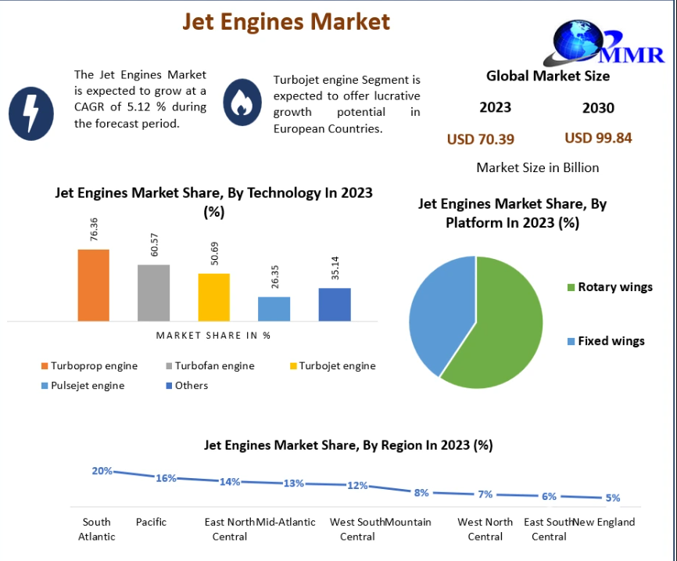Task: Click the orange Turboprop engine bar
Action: pos(93,285)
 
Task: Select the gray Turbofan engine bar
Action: pos(153,293)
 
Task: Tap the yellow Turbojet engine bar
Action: pos(213,297)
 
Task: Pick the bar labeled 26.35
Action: pos(274,308)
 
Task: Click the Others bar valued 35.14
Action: pos(335,304)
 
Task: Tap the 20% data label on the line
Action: pos(102,471)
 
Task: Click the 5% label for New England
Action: pos(612,498)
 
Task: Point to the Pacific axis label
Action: pos(151,522)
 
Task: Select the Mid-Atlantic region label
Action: pos(286,522)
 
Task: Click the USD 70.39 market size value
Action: pos(480,139)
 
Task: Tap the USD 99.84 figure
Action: pos(598,138)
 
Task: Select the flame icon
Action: pos(242,102)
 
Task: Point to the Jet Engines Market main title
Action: pos(286,21)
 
